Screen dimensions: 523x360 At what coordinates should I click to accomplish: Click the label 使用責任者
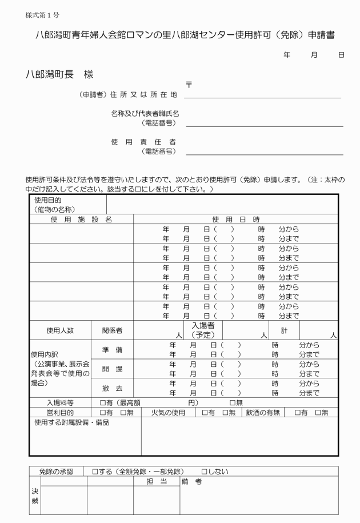click(x=143, y=141)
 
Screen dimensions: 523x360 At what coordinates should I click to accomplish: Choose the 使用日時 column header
click(x=235, y=219)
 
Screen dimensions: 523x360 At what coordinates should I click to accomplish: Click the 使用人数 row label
click(x=60, y=330)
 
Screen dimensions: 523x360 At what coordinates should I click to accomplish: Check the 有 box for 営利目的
click(x=103, y=412)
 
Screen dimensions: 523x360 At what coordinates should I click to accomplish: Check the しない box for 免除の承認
click(x=204, y=472)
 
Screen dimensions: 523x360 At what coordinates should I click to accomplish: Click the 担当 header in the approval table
click(x=157, y=482)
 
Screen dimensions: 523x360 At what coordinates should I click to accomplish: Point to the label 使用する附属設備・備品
click(x=71, y=422)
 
